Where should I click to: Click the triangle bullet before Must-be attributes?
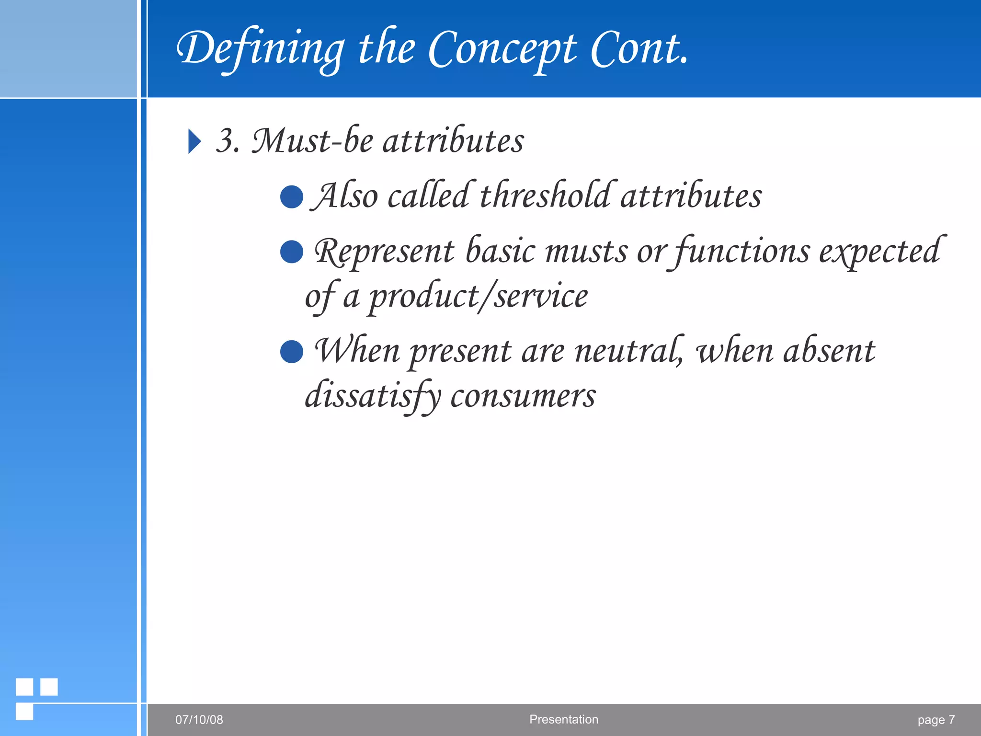194,141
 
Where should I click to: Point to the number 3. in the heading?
228,141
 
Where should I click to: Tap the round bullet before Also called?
291,197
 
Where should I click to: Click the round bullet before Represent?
291,252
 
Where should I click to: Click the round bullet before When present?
291,352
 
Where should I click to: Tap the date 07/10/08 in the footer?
199,720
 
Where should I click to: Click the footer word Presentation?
563,719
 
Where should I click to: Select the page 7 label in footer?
935,720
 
